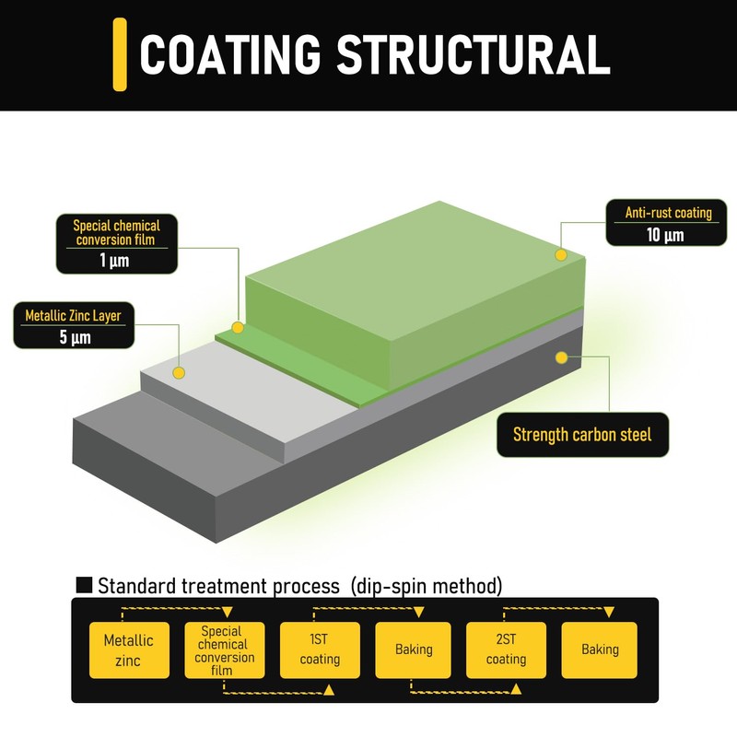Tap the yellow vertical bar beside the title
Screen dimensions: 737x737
coord(120,54)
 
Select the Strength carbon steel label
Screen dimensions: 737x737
coord(581,434)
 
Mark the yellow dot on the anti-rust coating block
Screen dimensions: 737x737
coord(558,253)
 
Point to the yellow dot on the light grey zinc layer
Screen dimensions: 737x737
coord(179,372)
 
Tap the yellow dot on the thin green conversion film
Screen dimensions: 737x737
coord(238,327)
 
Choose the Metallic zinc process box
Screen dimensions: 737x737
coord(128,649)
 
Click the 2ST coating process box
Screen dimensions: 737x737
coord(506,649)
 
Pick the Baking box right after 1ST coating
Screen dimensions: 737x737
coord(414,649)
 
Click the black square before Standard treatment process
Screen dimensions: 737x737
coord(84,584)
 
